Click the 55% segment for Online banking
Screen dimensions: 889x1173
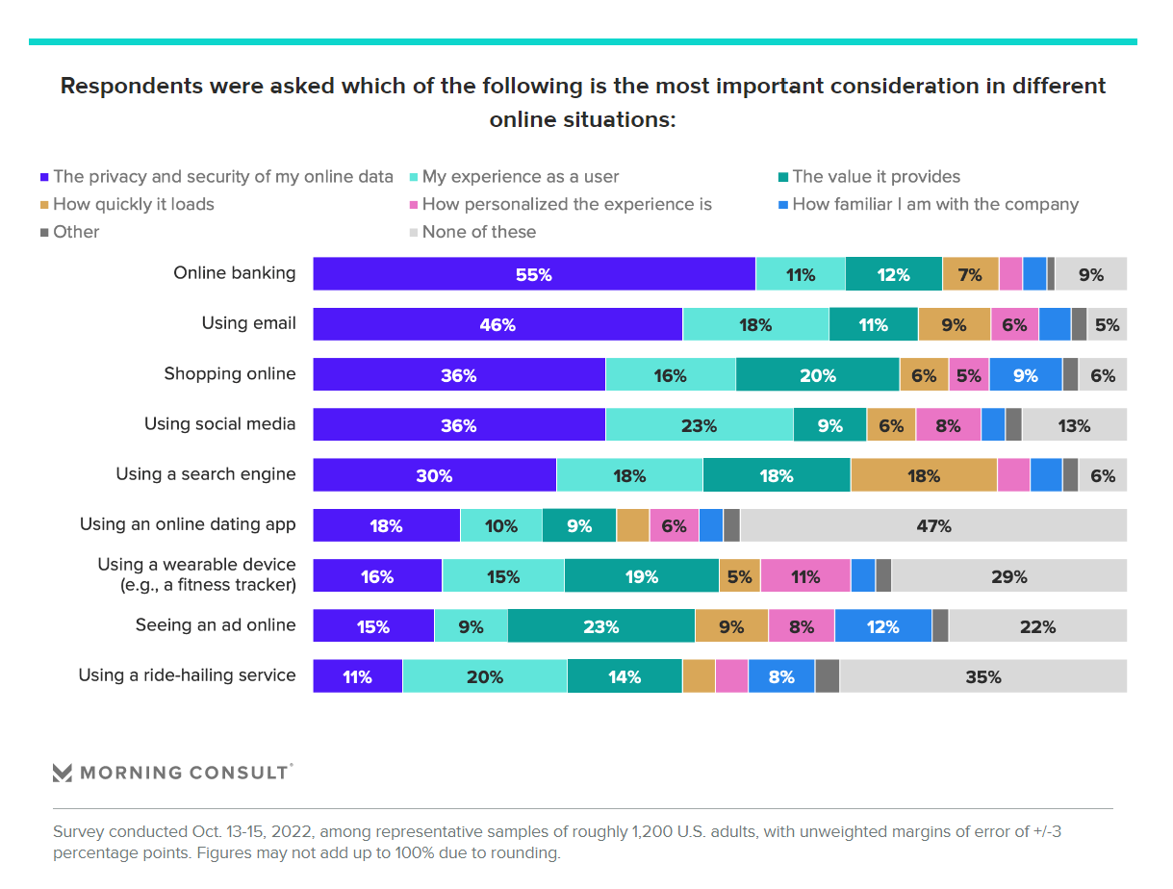pos(534,274)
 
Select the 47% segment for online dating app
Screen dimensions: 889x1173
pos(933,525)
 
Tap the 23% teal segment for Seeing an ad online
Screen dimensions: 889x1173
pos(600,626)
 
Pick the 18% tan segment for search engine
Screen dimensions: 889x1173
pos(923,475)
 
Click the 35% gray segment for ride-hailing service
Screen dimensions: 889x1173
pos(982,676)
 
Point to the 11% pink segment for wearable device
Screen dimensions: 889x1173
pos(805,576)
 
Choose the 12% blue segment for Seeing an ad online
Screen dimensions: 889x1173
pos(882,626)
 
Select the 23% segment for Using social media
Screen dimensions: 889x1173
pos(699,425)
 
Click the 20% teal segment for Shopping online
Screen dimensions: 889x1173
pos(817,375)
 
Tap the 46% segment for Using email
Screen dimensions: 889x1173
pos(497,324)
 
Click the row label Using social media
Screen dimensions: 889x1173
pos(219,424)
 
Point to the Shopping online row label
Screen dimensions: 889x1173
pos(229,373)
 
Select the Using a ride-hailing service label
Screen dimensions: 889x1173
pos(187,675)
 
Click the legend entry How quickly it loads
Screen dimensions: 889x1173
pos(133,204)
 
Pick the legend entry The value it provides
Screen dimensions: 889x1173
pos(876,176)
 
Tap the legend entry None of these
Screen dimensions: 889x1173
pos(478,232)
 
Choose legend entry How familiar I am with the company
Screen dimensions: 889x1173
pos(934,204)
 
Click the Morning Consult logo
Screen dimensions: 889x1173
pos(172,772)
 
